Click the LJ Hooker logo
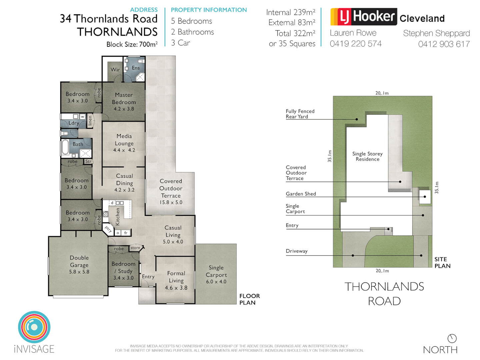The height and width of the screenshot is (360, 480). click(363, 17)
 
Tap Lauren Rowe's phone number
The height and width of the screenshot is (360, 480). click(356, 44)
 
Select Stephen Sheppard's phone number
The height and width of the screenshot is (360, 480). click(444, 44)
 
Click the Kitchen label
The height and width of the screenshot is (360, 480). click(117, 217)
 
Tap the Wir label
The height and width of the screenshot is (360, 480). click(115, 70)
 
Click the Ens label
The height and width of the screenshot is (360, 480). click(136, 68)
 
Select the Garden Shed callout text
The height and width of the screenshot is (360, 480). click(301, 194)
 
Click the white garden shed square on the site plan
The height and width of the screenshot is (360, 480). click(425, 197)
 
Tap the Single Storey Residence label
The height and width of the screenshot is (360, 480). click(367, 156)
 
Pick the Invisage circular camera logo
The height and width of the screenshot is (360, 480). click(34, 327)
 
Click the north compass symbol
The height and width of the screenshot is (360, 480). click(452, 338)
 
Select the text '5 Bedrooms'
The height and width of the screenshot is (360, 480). click(191, 21)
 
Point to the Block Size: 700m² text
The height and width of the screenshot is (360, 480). click(132, 44)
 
